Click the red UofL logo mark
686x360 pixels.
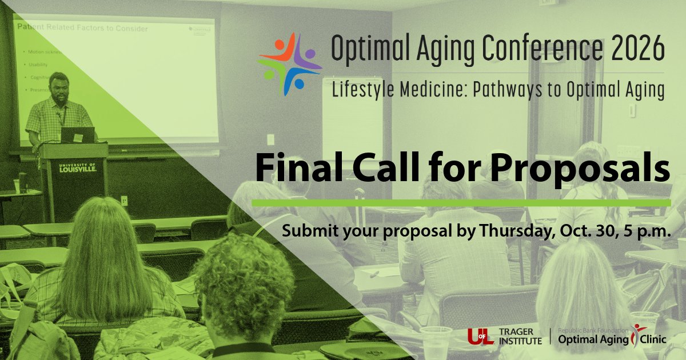click(x=480, y=337)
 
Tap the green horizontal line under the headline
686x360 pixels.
click(x=461, y=203)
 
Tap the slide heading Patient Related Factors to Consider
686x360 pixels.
click(x=82, y=28)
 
